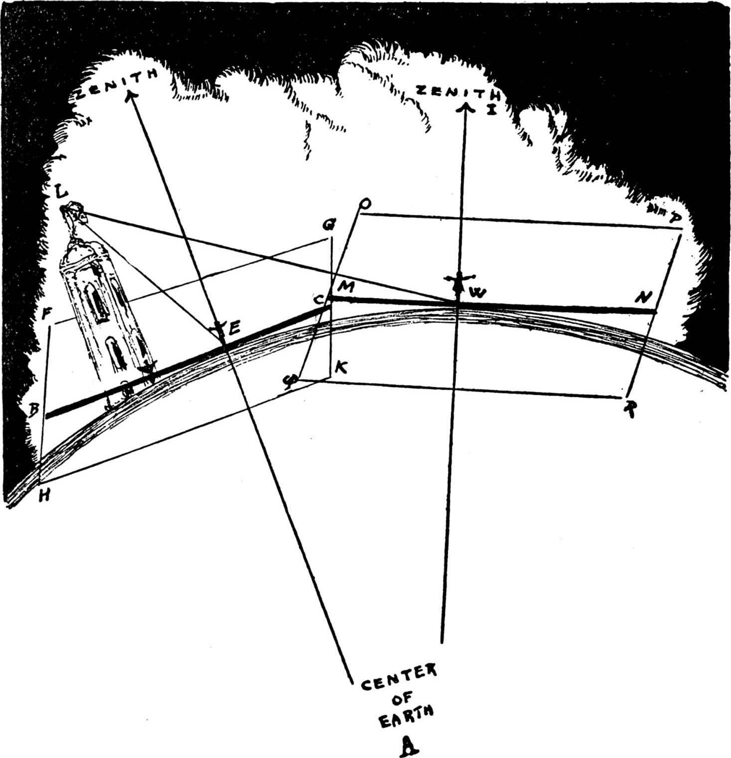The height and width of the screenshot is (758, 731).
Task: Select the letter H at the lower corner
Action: pos(44,497)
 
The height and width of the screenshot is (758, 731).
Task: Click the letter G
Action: pos(328,226)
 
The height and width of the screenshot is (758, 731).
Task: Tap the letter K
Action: pos(342,368)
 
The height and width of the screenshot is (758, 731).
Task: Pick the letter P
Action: pos(676,218)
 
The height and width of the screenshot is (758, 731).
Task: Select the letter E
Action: pos(234,328)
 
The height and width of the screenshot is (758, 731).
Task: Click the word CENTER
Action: pos(398,678)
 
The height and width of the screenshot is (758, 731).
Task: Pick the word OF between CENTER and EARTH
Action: pos(402,699)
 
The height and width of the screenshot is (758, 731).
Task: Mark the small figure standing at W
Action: pos(458,282)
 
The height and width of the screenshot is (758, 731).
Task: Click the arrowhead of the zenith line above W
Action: pos(466,107)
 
